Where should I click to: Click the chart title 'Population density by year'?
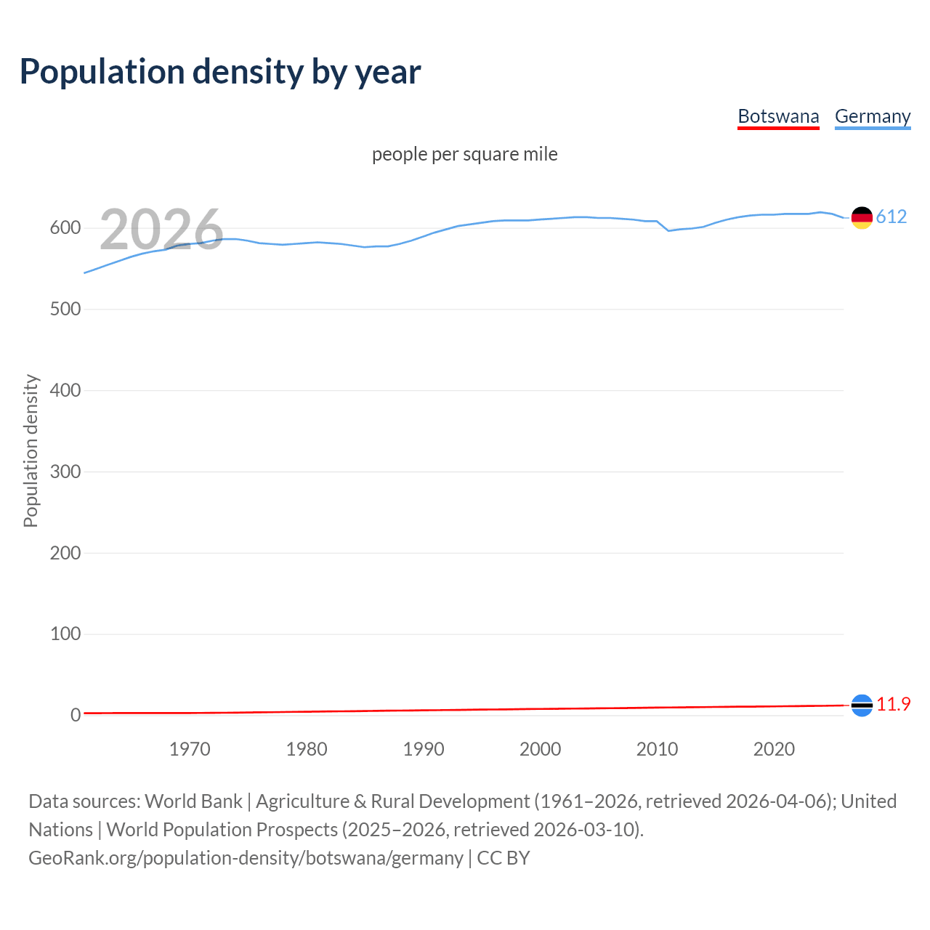220,72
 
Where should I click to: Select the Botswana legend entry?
778,116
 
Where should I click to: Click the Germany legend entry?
872,116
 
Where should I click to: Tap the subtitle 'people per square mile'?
464,154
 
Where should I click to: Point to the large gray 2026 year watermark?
161,230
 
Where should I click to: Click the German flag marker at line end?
862,217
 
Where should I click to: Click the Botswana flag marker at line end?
862,705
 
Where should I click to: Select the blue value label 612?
891,217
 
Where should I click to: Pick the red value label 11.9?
893,705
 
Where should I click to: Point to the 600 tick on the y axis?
65,228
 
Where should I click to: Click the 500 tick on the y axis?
65,310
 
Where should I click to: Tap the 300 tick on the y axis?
65,472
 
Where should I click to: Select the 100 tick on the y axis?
65,634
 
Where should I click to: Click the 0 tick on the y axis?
76,716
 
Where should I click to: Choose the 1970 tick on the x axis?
190,749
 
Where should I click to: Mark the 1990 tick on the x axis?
424,749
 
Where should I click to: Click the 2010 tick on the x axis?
657,749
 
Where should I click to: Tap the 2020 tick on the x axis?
774,749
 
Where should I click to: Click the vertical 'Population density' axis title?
31,450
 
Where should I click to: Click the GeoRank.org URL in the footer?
246,858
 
